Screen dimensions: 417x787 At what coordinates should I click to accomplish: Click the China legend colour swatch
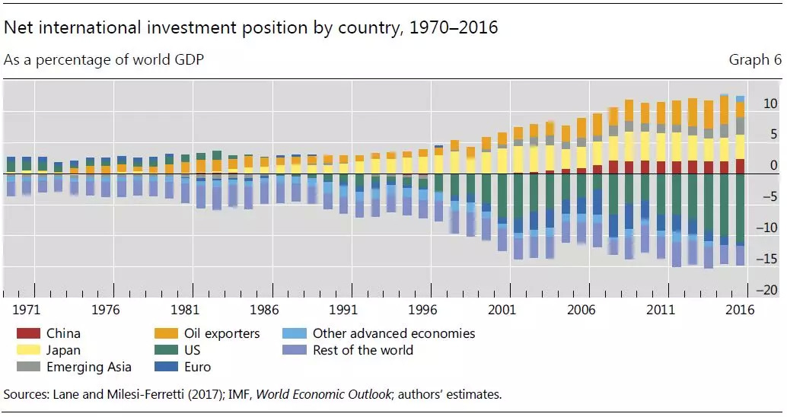(x=27, y=334)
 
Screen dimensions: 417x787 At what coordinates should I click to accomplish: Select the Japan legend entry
(x=63, y=351)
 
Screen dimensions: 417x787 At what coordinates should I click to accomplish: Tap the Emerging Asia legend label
(x=88, y=368)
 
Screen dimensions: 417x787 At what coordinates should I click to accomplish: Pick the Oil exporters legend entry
(x=221, y=334)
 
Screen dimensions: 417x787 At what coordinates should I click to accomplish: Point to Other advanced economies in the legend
(x=393, y=334)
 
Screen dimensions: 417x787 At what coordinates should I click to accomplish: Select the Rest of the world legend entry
(x=362, y=351)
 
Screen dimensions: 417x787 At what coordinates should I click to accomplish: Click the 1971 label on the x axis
(x=26, y=310)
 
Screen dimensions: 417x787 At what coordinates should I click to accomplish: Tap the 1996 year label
(x=422, y=310)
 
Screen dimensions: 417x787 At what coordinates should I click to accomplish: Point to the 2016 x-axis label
(x=740, y=310)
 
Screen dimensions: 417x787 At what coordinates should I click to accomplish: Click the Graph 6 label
(x=754, y=60)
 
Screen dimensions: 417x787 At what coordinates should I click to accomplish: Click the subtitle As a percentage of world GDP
(x=104, y=60)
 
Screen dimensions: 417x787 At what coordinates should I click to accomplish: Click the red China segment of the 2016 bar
(x=740, y=167)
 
